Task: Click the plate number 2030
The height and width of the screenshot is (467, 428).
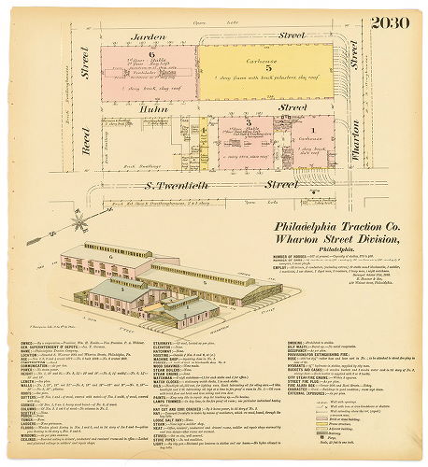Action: pyautogui.click(x=392, y=22)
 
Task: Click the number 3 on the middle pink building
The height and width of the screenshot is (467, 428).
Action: pyautogui.click(x=247, y=122)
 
